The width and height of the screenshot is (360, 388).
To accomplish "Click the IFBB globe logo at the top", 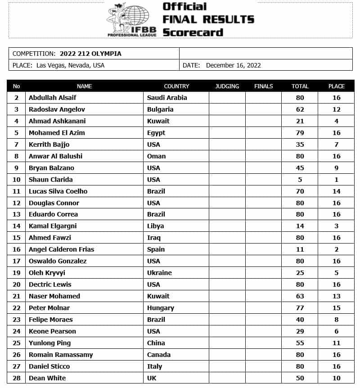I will click(131, 20).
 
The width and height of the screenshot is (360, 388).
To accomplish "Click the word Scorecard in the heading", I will click(193, 32).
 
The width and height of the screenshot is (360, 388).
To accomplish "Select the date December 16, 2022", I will click(233, 65).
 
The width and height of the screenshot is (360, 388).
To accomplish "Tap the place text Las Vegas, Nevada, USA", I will click(69, 65).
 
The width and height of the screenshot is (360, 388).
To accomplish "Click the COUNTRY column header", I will click(176, 86).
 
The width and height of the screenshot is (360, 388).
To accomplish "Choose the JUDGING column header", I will click(227, 86).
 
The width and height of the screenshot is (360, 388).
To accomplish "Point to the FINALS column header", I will click(263, 86).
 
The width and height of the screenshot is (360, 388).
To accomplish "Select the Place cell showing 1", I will click(336, 180).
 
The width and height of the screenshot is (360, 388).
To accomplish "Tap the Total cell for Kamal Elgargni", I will click(300, 226).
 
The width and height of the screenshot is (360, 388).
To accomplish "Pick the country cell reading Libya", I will click(156, 226).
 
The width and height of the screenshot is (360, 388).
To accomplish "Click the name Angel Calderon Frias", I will click(61, 249).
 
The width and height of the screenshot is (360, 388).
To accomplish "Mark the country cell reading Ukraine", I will click(159, 273).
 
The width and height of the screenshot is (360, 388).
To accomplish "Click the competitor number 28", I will click(17, 378).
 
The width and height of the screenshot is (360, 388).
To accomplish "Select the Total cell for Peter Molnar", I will click(300, 308).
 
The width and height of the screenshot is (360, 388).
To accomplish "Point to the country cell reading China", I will click(156, 343).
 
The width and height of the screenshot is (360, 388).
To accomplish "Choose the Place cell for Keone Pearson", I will click(336, 331).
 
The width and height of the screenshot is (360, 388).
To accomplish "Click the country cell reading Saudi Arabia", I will click(167, 98).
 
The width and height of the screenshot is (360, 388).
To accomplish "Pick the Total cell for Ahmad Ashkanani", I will click(300, 121).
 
